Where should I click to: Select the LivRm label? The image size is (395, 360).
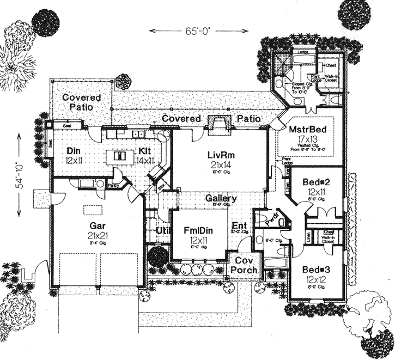point(218,155)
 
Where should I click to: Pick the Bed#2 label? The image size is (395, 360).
point(315,182)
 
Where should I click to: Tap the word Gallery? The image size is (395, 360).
point(221,199)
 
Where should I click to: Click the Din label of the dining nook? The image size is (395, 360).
point(74,150)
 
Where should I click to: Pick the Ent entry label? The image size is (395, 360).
point(239,225)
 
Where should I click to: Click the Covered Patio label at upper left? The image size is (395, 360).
point(81,102)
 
